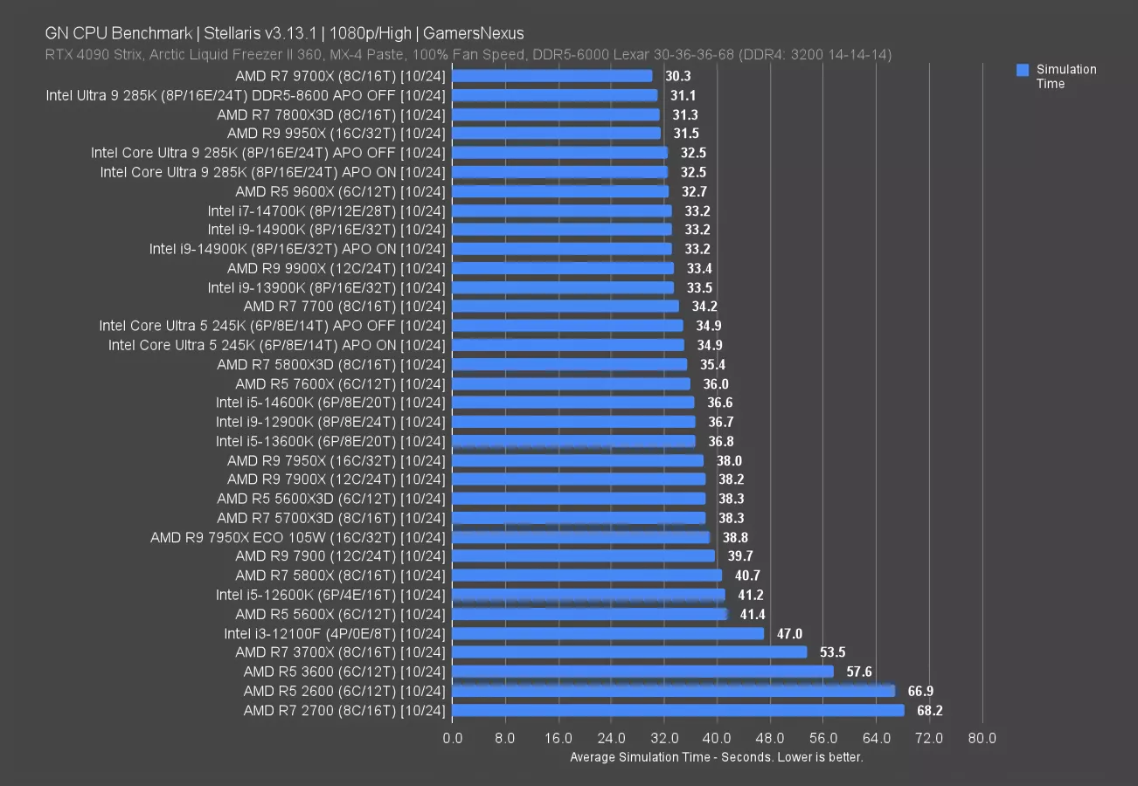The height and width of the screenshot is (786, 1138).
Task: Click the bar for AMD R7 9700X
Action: (x=552, y=76)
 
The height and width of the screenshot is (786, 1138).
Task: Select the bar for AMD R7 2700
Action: (x=678, y=710)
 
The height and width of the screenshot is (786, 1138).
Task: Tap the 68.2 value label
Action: (x=929, y=711)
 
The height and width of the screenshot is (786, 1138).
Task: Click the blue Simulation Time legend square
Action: (x=1023, y=70)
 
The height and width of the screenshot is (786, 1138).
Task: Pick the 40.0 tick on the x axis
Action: (x=717, y=739)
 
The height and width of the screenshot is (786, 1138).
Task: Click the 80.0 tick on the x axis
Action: (x=982, y=739)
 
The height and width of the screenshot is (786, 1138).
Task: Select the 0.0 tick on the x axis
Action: (x=453, y=739)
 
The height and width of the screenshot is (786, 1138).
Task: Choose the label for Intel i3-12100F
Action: (x=335, y=634)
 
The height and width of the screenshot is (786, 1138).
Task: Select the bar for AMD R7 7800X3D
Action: (x=556, y=114)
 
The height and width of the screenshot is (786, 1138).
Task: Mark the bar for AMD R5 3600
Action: (x=642, y=672)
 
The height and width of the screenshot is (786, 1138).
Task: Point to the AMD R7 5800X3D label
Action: (x=331, y=364)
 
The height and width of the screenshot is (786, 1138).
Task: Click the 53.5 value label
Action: (x=831, y=652)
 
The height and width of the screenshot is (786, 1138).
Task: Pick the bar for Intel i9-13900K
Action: (x=563, y=287)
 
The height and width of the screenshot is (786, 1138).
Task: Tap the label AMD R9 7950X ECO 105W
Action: (x=298, y=537)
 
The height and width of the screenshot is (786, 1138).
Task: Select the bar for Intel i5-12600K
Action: (x=589, y=595)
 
